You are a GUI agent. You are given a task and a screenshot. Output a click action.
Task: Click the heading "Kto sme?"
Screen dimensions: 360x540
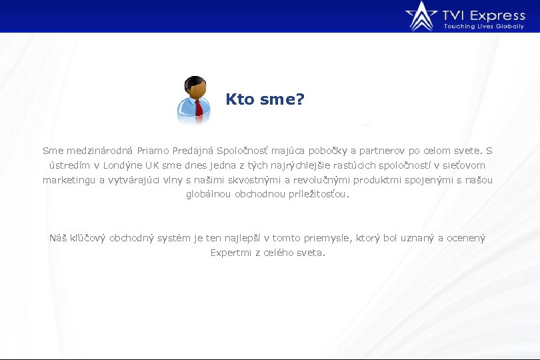pyautogui.click(x=265, y=99)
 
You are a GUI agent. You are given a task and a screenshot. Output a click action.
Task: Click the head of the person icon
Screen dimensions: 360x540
pyautogui.click(x=195, y=87)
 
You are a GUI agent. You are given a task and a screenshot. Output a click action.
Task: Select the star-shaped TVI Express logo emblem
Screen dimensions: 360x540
pyautogui.click(x=421, y=16)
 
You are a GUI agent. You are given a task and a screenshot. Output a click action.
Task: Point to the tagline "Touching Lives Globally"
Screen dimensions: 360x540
pyautogui.click(x=484, y=27)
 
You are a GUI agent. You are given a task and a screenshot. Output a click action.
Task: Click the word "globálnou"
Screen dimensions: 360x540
pyautogui.click(x=208, y=195)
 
